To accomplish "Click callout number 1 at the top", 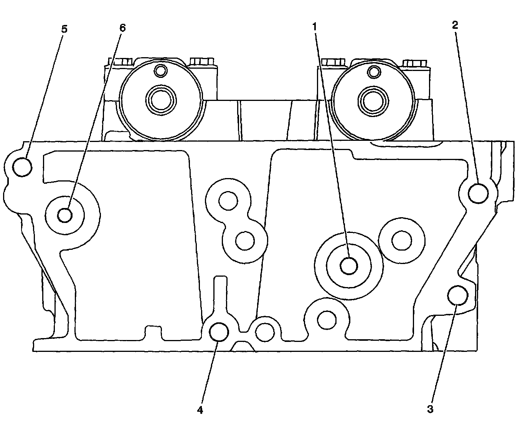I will (314, 26).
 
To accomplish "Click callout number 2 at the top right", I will (455, 25).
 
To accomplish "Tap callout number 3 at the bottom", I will (430, 409).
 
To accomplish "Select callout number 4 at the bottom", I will (200, 410).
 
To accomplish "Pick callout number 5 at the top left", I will (64, 29).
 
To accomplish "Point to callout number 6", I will (122, 28).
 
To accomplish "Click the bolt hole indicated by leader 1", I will (349, 265).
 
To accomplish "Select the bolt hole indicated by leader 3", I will (458, 295).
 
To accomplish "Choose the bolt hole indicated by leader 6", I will (65, 215).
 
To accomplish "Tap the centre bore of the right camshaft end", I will (371, 100).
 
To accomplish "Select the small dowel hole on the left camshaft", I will (161, 71).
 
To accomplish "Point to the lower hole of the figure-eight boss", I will (244, 241).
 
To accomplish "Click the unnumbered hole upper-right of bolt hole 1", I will (402, 240).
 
